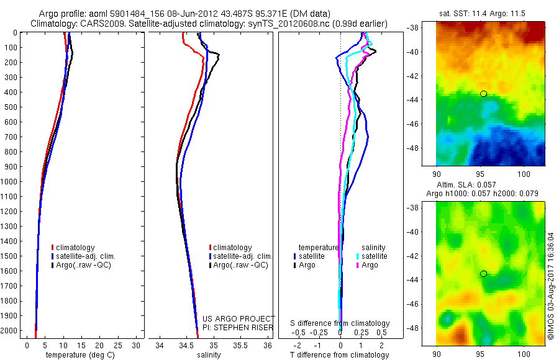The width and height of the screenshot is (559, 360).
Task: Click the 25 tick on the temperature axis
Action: [118, 345]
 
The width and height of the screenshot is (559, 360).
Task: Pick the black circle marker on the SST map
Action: [483, 94]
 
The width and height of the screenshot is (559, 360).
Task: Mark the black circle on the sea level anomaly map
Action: [483, 274]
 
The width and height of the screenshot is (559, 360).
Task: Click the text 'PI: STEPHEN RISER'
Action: [239, 327]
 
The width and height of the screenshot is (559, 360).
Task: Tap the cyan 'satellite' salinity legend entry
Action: [375, 256]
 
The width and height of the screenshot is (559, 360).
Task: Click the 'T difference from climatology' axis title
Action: [340, 355]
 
